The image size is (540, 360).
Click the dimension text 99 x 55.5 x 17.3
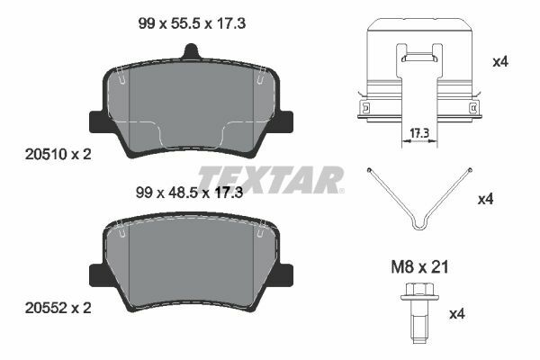pos(192,23)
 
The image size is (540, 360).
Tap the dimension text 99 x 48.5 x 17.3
pos(189,193)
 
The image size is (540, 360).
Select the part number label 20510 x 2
pos(58,154)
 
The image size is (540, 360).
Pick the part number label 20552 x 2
pos(58,308)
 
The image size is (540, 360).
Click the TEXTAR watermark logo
pos(270,179)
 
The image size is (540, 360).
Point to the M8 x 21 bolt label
pos(419,267)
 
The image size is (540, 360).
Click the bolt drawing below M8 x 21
pos(419,312)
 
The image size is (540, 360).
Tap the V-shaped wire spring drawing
pos(419,199)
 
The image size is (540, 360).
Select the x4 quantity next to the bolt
pos(457,314)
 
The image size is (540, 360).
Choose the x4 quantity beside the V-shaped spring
pos(486,199)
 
